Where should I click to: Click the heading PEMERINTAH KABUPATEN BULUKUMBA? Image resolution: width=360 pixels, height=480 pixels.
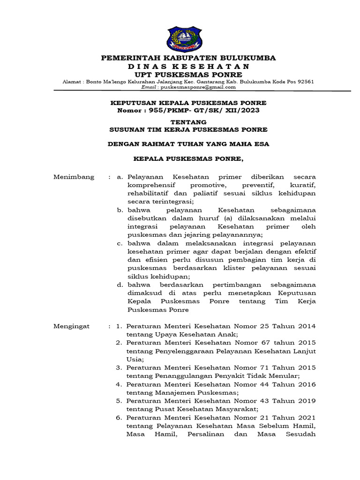[189, 58]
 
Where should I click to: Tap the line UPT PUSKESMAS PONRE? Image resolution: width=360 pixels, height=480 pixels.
[188, 75]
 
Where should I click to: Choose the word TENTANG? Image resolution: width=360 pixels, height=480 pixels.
[188, 122]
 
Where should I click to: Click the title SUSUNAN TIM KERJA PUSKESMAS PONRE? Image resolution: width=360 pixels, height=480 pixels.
[188, 129]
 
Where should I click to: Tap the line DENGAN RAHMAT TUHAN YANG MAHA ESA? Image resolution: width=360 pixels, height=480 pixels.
[188, 144]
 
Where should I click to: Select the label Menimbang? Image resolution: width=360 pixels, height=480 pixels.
[74, 177]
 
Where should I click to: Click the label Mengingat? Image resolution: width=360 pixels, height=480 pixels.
[72, 326]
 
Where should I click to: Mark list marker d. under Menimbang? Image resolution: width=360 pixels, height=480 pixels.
[120, 285]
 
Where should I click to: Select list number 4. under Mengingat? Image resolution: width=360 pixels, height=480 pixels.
[119, 384]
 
